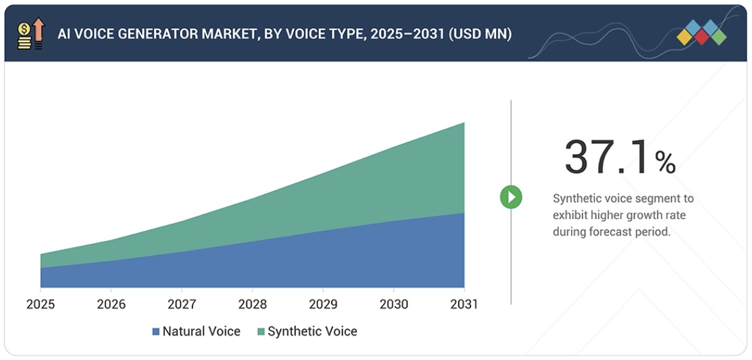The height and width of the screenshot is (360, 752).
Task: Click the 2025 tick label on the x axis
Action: pos(40,304)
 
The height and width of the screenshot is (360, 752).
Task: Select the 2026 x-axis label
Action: pos(111,304)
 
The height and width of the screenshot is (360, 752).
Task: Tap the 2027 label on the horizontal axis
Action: pos(182,304)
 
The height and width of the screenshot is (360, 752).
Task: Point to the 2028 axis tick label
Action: pos(252,304)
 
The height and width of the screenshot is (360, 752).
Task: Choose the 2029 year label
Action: pos(323,304)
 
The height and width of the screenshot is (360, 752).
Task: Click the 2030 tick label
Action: pos(393,304)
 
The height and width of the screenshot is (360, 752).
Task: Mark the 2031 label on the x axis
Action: pos(463,304)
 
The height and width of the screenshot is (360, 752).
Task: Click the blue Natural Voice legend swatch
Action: pos(155,332)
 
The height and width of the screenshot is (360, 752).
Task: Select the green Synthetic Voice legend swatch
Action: pos(261,332)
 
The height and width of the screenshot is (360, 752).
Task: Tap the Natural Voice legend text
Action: pos(201,332)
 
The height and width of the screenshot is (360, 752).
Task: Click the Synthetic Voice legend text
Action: pos(312,332)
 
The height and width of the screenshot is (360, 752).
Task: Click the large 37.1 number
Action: pos(606,157)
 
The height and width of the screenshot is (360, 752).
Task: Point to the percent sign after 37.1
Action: pos(665,162)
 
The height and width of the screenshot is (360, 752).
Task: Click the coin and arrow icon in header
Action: pos(31,33)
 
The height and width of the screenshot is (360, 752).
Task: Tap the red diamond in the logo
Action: pos(701,37)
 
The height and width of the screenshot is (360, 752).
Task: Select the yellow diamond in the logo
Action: pos(685,37)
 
